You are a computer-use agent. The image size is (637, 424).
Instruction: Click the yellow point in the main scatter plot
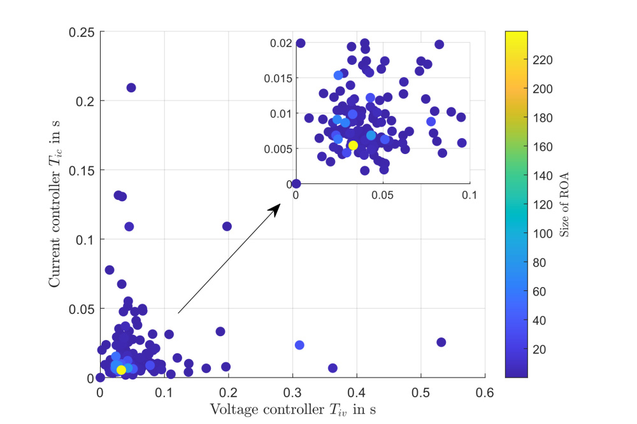(x=121, y=370)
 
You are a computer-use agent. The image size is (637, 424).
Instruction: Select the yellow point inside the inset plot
(x=353, y=145)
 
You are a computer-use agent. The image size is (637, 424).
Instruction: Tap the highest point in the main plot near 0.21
(x=131, y=87)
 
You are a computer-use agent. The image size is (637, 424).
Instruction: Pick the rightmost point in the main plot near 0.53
(x=441, y=342)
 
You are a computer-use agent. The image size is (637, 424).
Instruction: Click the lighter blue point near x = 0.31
(x=299, y=345)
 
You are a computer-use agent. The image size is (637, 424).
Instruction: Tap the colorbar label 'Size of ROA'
(x=564, y=204)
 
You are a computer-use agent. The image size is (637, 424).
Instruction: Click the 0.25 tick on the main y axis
(x=82, y=32)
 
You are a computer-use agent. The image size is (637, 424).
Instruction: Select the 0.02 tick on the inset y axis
(x=280, y=43)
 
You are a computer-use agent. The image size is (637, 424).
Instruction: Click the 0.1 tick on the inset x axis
(x=469, y=195)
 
